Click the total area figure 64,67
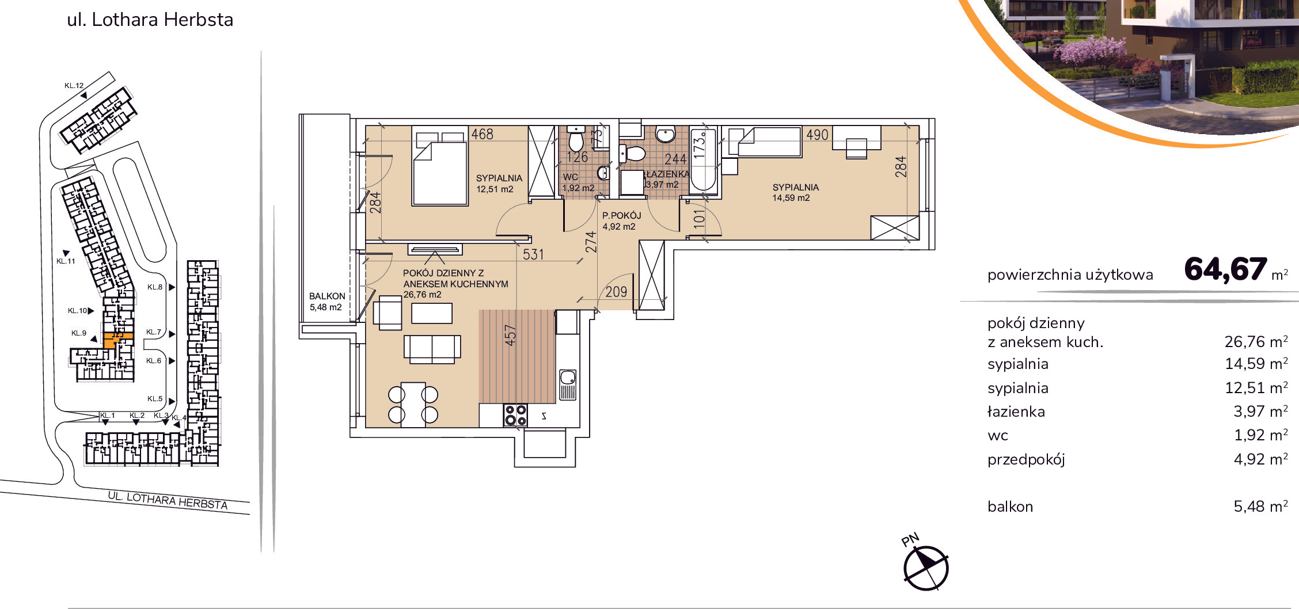(1225, 269)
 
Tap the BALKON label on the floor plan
(327, 296)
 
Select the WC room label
(570, 177)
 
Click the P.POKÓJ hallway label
(621, 215)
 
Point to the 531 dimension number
(533, 254)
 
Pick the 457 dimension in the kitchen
(510, 336)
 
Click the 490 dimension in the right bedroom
(817, 135)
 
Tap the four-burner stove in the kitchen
(515, 415)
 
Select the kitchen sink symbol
(568, 385)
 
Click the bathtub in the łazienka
(702, 159)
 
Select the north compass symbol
(925, 568)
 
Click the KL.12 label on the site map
(74, 86)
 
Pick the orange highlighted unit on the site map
(116, 340)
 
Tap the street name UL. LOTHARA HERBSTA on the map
(168, 501)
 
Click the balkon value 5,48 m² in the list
(1260, 507)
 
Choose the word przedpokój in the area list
(1026, 459)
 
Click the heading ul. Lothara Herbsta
(150, 20)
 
